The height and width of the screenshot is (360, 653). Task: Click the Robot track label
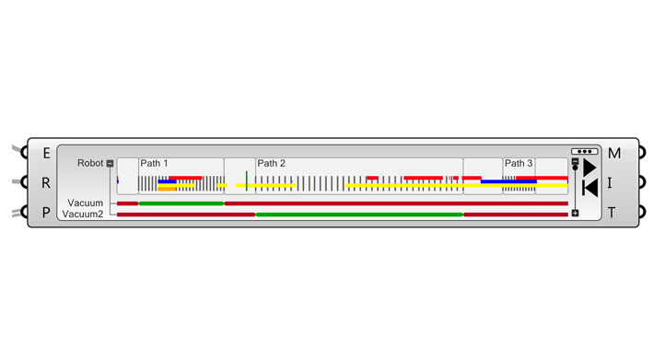[90, 163]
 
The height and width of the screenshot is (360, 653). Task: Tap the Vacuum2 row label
[83, 215]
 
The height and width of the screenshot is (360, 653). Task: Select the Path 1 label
[154, 163]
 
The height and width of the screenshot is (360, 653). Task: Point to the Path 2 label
[271, 163]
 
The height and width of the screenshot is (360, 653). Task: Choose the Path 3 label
[519, 163]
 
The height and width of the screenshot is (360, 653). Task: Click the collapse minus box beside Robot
[110, 164]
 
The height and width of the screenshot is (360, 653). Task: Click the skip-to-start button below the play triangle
[590, 188]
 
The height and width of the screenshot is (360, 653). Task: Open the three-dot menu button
[585, 152]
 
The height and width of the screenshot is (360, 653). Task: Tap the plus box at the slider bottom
[575, 213]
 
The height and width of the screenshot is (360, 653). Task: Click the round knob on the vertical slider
[575, 168]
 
